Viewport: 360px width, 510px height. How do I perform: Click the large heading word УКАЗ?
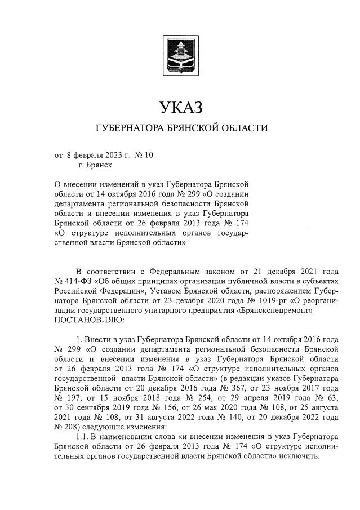(180, 106)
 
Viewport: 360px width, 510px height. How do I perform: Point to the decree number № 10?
(145, 155)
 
